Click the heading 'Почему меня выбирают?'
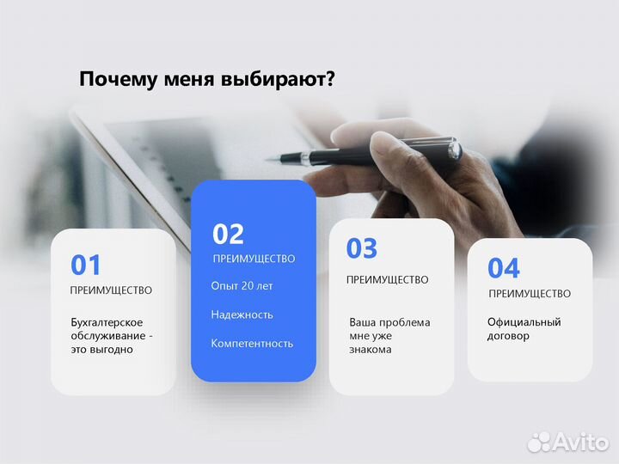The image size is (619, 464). click(206, 79)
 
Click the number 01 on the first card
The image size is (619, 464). click(86, 265)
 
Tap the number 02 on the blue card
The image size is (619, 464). click(229, 234)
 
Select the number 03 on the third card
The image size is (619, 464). click(362, 248)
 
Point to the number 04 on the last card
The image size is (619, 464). click(504, 268)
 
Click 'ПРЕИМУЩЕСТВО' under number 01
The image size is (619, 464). click(111, 290)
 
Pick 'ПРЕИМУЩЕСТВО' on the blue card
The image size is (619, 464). click(254, 259)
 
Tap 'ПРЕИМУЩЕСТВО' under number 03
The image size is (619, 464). click(387, 279)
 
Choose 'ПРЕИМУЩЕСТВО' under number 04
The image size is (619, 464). click(530, 294)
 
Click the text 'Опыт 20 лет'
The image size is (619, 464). click(242, 285)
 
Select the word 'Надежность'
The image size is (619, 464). click(242, 314)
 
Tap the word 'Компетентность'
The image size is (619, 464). click(252, 343)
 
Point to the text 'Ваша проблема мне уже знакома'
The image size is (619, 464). click(389, 336)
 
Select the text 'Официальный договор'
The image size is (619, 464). click(524, 329)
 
